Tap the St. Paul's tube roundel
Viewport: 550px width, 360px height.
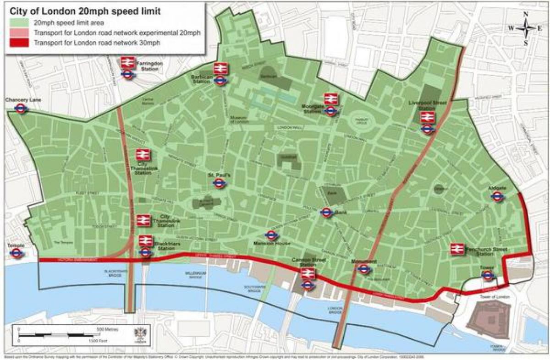219,183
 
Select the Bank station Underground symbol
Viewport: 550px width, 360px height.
326,213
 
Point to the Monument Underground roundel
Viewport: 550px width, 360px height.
363,269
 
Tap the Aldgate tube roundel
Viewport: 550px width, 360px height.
497,196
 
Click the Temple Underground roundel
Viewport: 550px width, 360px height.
17,253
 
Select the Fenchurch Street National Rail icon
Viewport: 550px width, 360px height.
456,249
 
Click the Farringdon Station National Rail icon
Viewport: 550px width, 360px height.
127,62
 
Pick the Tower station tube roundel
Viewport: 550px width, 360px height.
488,275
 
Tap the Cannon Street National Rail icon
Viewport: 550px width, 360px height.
308,274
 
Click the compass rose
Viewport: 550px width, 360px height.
525,28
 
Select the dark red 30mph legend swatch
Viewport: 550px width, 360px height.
18,43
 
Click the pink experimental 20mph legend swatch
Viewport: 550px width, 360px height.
18,33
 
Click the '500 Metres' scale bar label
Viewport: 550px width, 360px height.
107,329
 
